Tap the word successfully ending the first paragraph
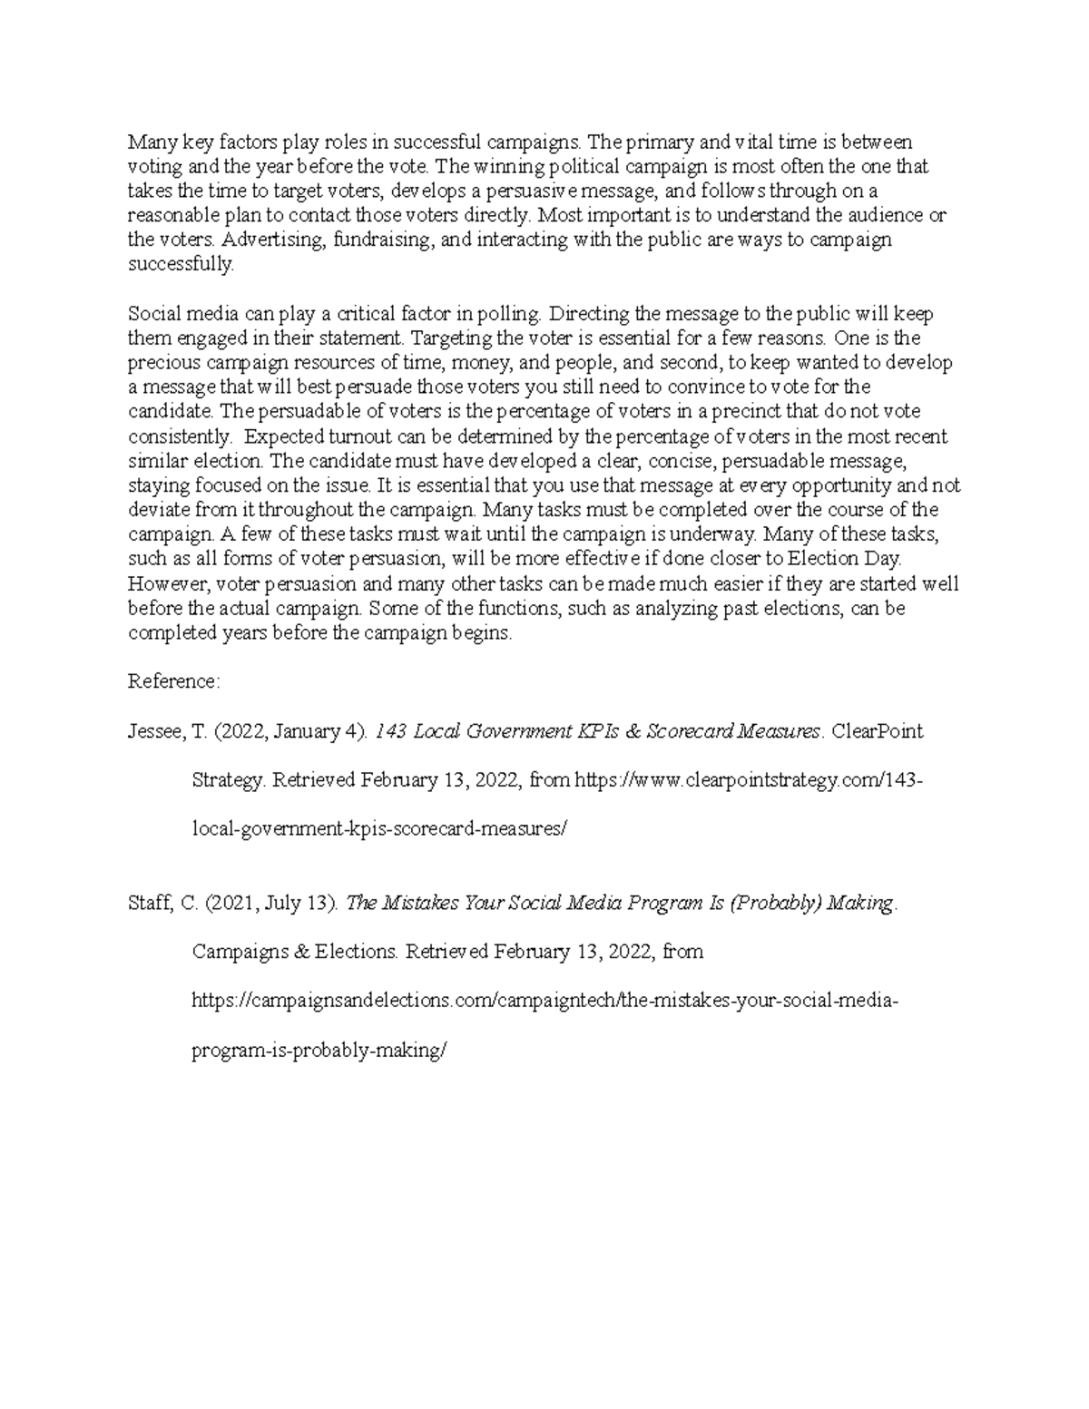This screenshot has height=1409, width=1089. coord(181,264)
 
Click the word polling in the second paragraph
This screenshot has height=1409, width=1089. coord(510,314)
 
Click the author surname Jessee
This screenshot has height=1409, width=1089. coord(155,731)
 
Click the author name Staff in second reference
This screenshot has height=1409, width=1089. coord(149,904)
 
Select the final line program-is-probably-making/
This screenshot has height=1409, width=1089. coord(320,1051)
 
